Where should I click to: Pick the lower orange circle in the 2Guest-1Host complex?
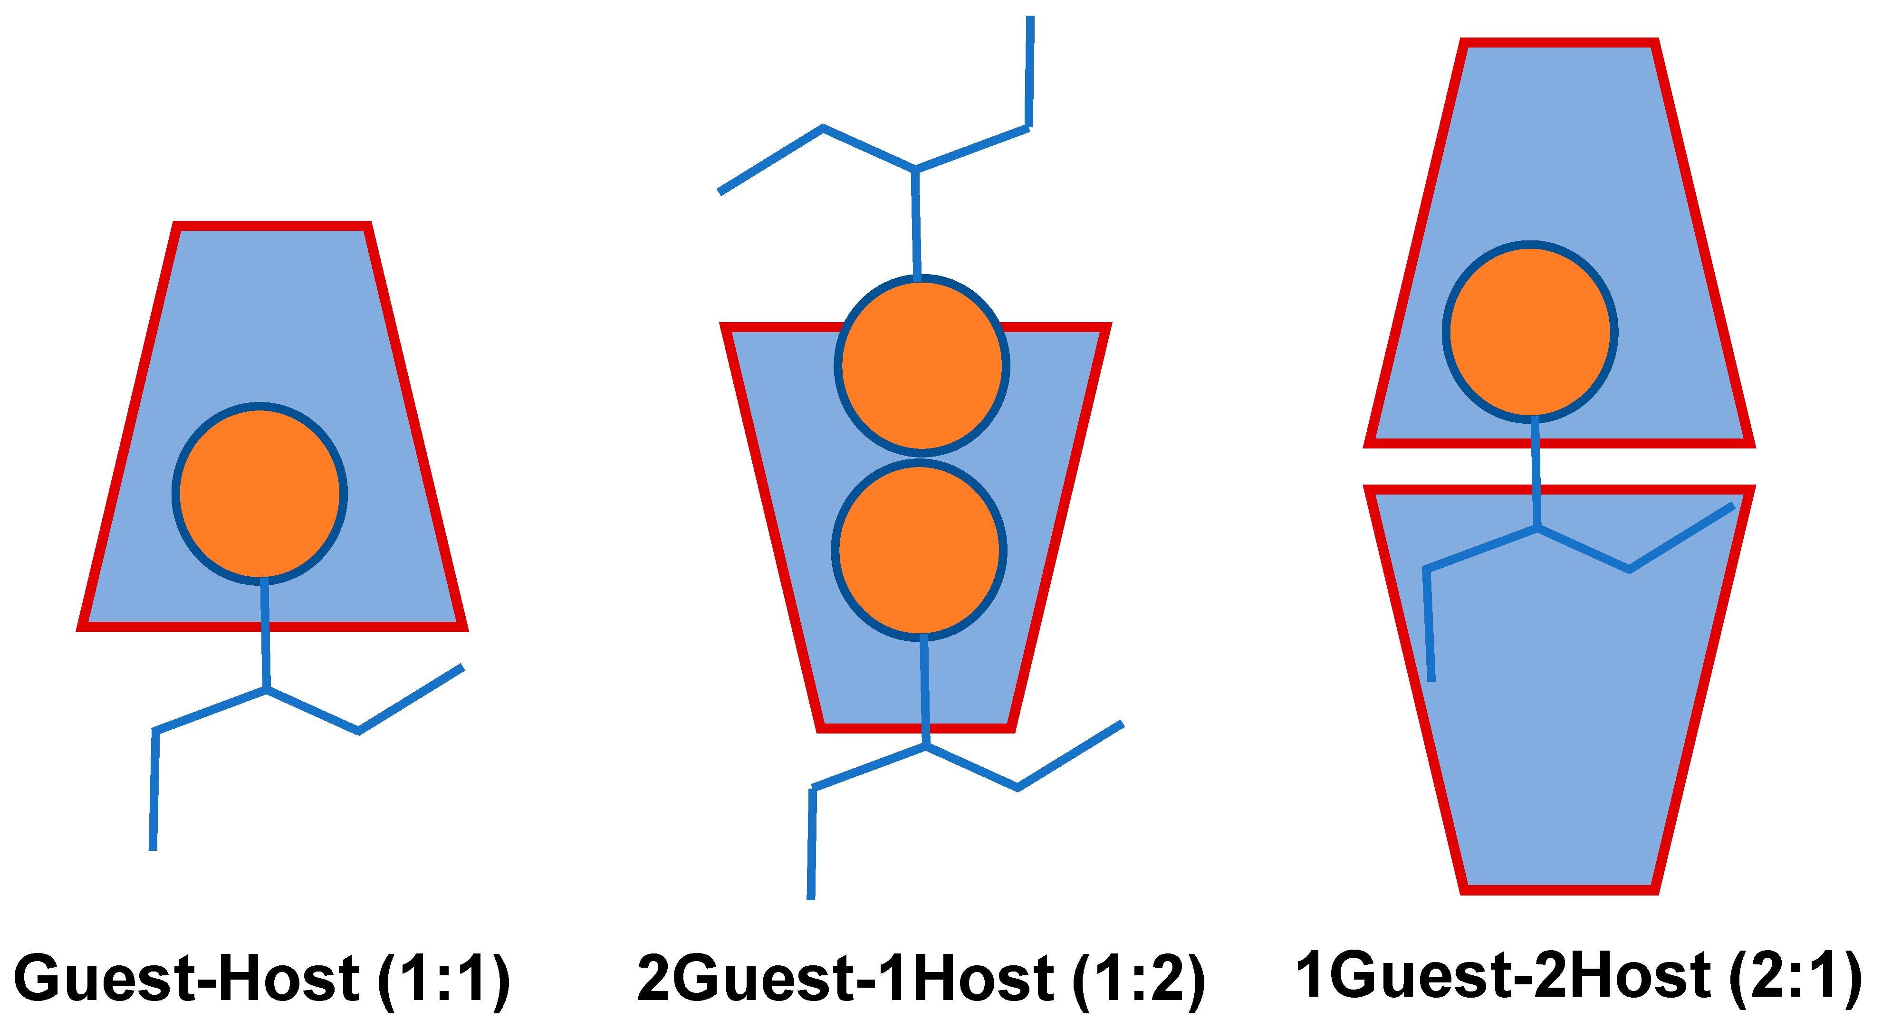[919, 550]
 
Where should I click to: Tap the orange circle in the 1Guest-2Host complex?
[1530, 332]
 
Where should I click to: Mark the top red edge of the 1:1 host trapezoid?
[272, 226]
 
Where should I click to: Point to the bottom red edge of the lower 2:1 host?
[1559, 889]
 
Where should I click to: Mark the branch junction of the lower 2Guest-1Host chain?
[926, 746]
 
